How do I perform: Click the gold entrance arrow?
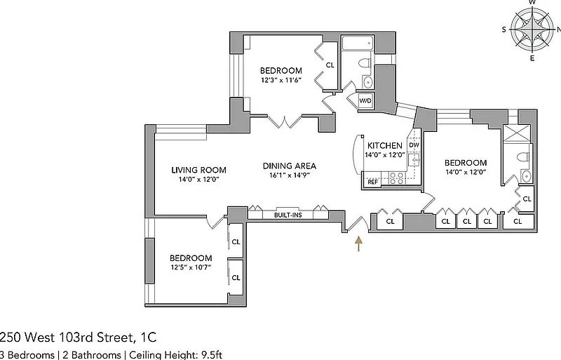pos(358,244)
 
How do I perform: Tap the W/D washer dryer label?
pos(365,100)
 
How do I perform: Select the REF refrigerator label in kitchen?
pos(372,182)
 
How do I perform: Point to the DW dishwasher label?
pos(414,145)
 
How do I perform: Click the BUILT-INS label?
pos(288,215)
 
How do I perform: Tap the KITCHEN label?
pos(384,145)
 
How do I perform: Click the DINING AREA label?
pos(290,166)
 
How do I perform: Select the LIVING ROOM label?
pos(198,170)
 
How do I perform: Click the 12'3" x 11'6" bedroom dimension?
pos(281,80)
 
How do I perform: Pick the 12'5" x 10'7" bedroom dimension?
pos(191,267)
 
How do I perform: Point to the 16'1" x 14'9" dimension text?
pos(290,175)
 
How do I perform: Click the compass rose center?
pos(532,29)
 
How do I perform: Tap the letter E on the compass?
pos(532,58)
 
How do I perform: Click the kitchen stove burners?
pos(396,178)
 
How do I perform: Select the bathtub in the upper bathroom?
pos(358,44)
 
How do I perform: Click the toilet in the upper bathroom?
pos(365,63)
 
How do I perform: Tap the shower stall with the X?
pos(516,134)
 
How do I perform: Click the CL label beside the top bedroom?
pos(330,65)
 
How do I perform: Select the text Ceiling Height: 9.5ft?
pos(175,355)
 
